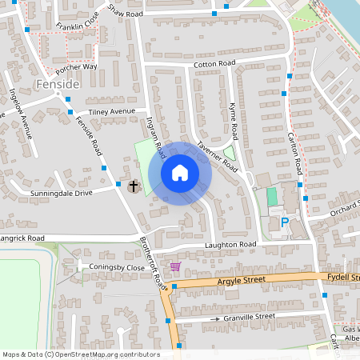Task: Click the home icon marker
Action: pyautogui.click(x=180, y=173)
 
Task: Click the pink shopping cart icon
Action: pyautogui.click(x=174, y=266)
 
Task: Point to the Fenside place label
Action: pyautogui.click(x=58, y=83)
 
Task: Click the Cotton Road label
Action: pyautogui.click(x=214, y=63)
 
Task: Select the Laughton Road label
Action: pyautogui.click(x=230, y=244)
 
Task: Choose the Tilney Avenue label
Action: pyautogui.click(x=113, y=111)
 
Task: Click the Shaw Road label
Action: pyautogui.click(x=125, y=12)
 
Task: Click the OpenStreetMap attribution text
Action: pyautogui.click(x=80, y=354)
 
